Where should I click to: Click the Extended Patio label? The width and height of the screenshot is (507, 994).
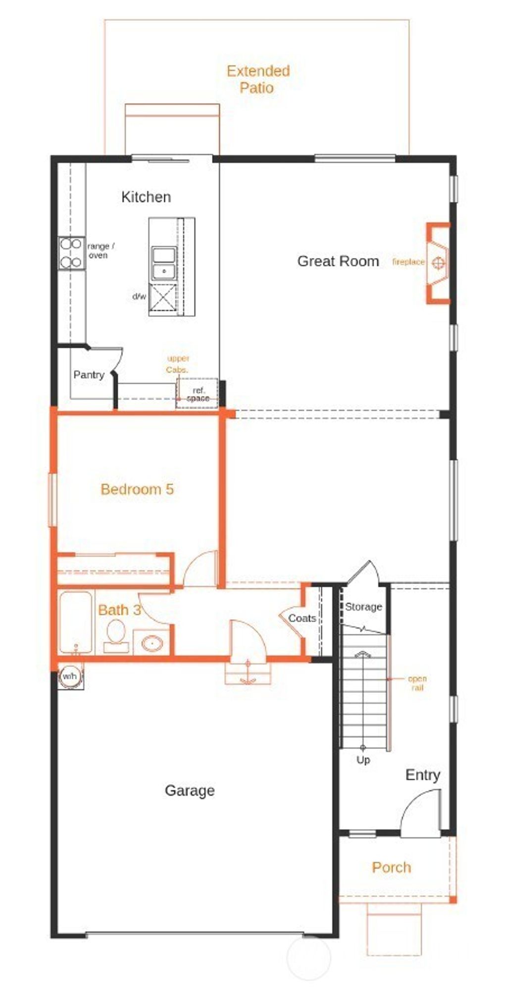coord(258,79)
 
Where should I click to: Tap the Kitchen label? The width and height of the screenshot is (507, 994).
coord(146,197)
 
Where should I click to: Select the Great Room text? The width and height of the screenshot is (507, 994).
coord(338,262)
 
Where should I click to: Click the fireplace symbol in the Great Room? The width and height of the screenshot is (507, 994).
coord(439,262)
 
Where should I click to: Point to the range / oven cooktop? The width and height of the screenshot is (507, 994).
coord(71,253)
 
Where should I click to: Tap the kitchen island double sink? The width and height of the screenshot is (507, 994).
coord(164,263)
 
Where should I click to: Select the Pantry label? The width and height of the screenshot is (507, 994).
coord(89,375)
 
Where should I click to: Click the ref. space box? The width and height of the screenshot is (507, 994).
coord(198,394)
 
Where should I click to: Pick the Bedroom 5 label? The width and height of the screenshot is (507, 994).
coord(137,489)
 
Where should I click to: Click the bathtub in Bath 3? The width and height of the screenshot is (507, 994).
coord(76,622)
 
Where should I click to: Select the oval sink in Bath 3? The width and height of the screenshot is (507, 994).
coord(152,643)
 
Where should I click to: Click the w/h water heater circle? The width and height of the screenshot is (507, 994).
coord(70,677)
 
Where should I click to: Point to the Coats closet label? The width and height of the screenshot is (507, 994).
coord(302,618)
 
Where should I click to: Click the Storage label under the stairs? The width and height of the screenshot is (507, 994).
coord(363,607)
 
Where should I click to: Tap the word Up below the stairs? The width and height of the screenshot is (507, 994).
coord(363,760)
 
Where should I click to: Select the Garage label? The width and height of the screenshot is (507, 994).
coord(190,790)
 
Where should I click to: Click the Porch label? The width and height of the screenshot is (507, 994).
coord(391,867)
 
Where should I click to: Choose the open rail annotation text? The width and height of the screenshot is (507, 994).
coord(417,683)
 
